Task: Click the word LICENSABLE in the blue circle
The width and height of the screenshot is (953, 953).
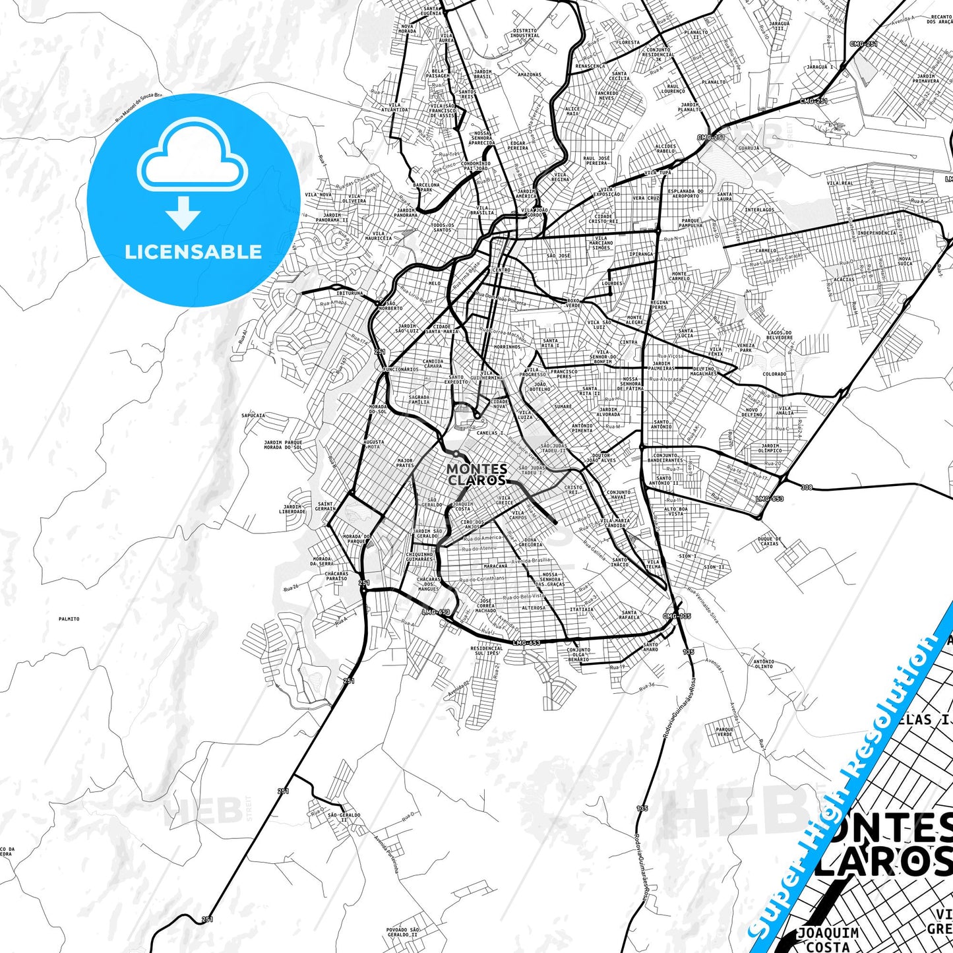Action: (x=193, y=252)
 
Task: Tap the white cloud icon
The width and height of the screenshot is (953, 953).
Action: (x=193, y=158)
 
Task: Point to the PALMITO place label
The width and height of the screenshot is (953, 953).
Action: (x=69, y=619)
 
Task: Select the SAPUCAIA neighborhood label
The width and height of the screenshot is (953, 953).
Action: (x=253, y=415)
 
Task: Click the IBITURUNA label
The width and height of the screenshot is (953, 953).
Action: (x=350, y=293)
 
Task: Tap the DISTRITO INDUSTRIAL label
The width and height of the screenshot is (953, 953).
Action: (x=525, y=32)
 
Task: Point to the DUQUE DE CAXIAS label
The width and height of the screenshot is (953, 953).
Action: (x=769, y=541)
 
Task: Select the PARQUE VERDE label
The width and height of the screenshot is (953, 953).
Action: (x=724, y=732)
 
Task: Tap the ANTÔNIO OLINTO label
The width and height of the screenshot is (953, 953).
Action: (x=764, y=663)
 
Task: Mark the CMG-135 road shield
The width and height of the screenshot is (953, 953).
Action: (x=677, y=616)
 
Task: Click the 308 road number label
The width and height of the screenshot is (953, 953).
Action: (x=807, y=487)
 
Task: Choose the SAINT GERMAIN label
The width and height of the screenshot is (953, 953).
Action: (x=325, y=507)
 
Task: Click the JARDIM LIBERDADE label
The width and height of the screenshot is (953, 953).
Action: (x=292, y=509)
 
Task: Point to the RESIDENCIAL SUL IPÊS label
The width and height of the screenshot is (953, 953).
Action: (x=487, y=650)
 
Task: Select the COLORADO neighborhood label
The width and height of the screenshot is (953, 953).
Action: (x=774, y=374)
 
